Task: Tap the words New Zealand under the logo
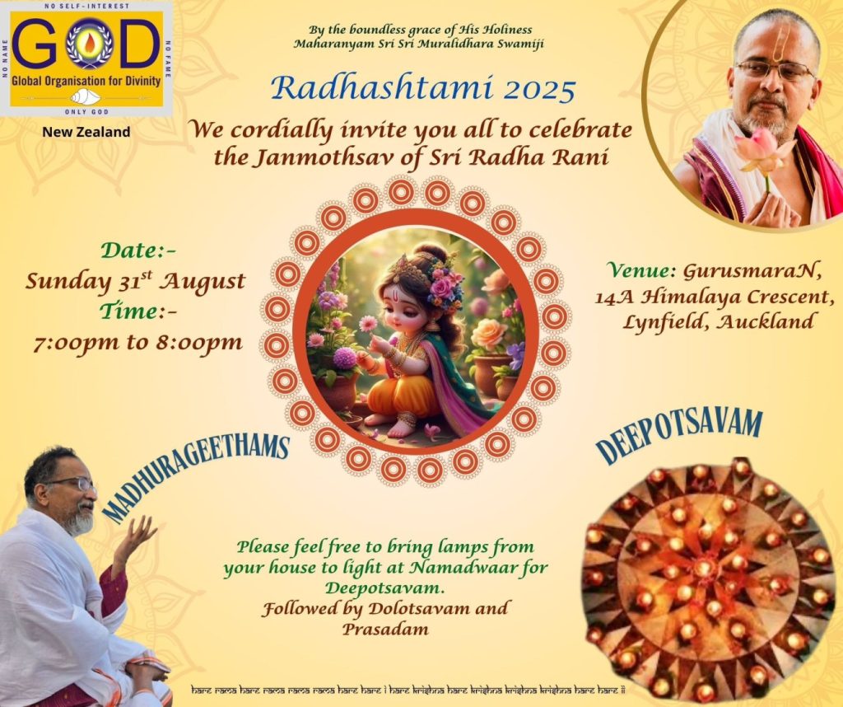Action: pos(86,132)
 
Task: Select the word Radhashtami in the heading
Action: pos(382,87)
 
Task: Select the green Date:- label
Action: pos(138,250)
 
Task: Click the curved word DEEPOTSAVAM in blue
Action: pos(679,435)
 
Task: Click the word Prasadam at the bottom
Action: pos(385,629)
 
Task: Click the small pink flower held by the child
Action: pos(368,323)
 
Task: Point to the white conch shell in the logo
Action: pos(86,97)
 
